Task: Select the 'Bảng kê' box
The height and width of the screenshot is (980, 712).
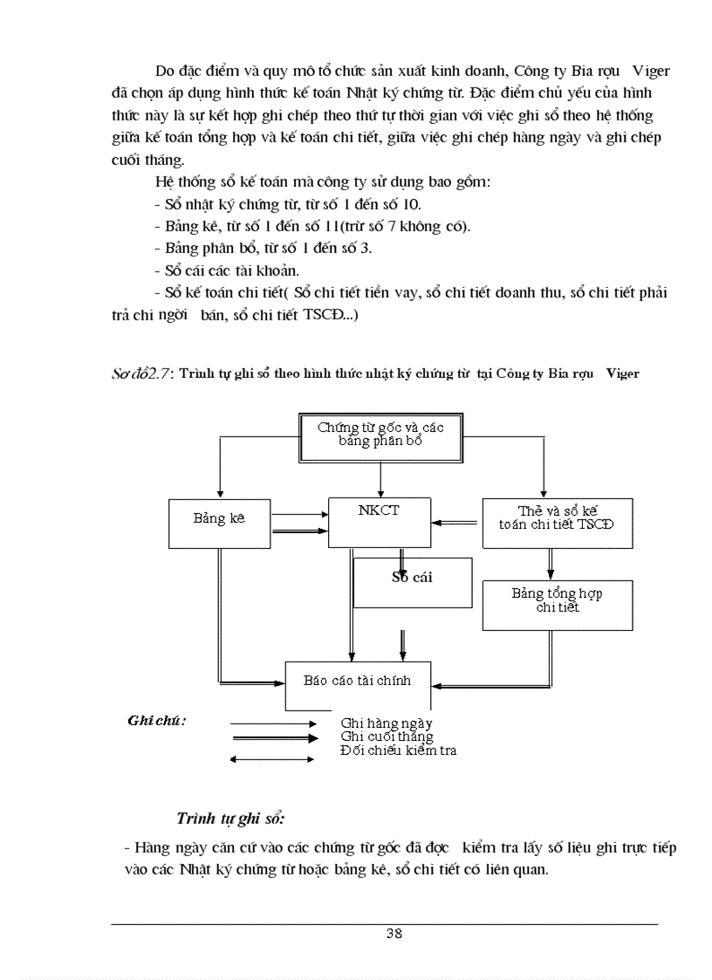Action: (x=219, y=522)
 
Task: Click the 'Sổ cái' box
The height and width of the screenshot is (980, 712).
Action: (x=413, y=581)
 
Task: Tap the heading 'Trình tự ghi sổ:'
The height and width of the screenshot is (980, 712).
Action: (x=231, y=818)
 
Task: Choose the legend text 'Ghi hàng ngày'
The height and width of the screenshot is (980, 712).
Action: (x=387, y=723)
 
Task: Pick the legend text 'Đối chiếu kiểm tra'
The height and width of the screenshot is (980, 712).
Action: (x=399, y=750)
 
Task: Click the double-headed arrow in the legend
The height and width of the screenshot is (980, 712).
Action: (x=272, y=758)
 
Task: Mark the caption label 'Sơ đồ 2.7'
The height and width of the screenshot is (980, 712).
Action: (x=142, y=373)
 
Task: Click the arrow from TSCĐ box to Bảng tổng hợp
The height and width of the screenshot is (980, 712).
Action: (x=550, y=564)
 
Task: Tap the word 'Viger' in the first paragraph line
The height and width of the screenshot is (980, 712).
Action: (x=650, y=71)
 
